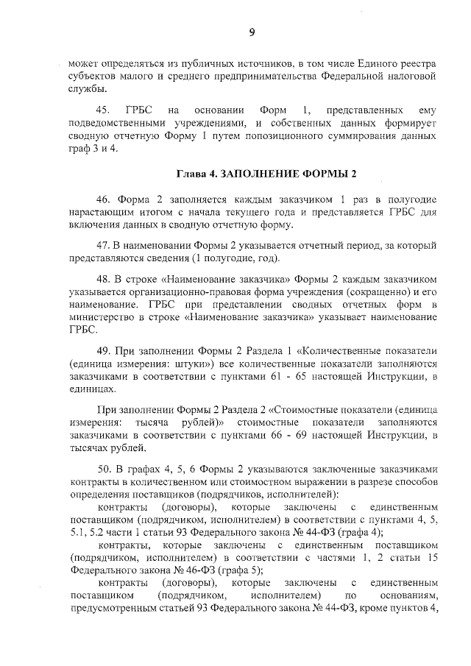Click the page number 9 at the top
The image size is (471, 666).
[x=252, y=32]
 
